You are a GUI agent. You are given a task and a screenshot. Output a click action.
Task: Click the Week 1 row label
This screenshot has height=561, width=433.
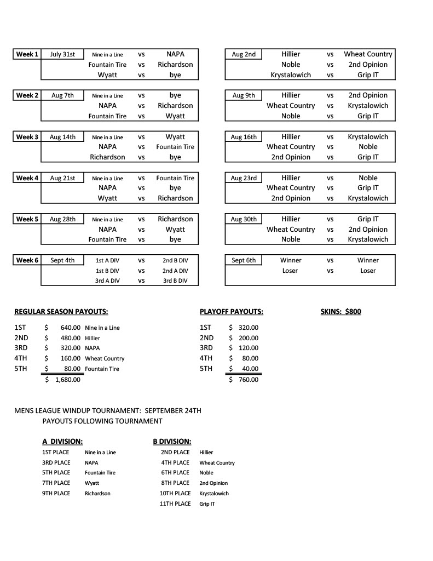point(27,54)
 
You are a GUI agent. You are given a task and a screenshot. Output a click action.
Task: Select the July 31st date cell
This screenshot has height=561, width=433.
point(62,54)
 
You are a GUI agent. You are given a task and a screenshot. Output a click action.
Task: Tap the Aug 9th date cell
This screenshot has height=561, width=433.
point(244,95)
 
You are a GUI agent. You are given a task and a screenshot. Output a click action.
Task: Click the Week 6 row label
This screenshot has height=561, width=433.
point(27,260)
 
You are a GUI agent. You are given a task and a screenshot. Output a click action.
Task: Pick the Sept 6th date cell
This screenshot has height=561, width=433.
point(244,260)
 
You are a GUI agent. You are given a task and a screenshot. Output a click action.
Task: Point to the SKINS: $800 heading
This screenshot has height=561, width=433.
point(340,312)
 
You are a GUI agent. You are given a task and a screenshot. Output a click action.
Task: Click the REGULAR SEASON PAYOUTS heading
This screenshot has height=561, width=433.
point(61,312)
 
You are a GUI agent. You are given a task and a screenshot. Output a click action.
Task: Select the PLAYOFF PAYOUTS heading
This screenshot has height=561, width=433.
point(232,312)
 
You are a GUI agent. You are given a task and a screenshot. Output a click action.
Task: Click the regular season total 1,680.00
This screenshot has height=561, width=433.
point(67,379)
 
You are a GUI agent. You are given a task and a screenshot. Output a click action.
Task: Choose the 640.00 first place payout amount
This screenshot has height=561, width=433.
point(71,328)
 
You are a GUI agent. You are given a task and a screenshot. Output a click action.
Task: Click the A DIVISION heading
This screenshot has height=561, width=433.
point(62,441)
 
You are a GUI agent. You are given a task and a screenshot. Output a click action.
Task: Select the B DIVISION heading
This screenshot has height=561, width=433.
point(172,441)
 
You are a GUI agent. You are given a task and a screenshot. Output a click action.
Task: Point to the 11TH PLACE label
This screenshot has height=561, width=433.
point(175,503)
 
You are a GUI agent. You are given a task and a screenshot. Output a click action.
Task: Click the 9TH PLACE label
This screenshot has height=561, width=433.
point(56,493)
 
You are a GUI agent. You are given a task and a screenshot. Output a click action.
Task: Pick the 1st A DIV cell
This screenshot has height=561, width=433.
point(107,261)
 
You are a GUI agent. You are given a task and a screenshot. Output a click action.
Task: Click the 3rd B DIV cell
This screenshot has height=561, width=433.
point(175,280)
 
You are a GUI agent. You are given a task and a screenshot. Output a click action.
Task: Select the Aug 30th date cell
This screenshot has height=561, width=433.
point(244,219)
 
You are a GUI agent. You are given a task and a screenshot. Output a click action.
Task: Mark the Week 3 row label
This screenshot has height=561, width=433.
point(27,137)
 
